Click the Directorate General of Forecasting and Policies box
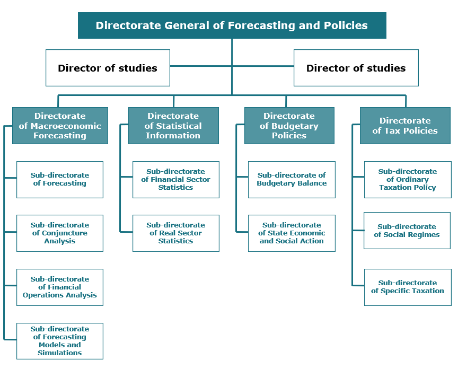point(232,25)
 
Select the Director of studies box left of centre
point(108,68)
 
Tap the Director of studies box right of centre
point(356,68)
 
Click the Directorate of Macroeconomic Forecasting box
point(60,126)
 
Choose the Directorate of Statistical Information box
point(173,126)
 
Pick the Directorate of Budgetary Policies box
point(289,126)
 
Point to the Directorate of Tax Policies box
point(405,126)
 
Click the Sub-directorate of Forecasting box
point(60,180)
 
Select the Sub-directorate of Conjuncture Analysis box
point(60,233)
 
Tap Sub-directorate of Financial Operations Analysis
point(60,287)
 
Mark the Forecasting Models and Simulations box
point(60,341)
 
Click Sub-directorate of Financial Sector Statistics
point(176,180)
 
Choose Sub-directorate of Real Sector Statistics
point(176,233)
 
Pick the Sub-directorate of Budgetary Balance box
point(292,180)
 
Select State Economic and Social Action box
point(292,233)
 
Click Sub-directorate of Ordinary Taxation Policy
point(408,180)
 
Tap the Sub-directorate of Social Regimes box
point(407,231)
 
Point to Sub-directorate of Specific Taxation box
point(408,287)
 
